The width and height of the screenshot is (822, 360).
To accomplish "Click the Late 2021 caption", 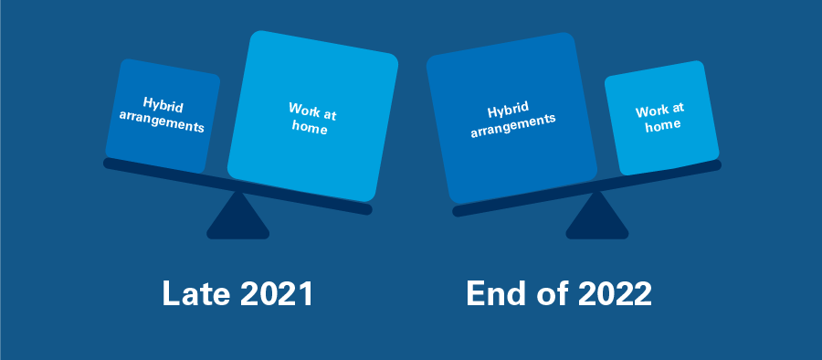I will [x=237, y=294].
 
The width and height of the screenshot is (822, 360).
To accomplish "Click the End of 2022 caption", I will [x=559, y=294].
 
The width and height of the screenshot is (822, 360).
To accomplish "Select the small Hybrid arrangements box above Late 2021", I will [x=162, y=115].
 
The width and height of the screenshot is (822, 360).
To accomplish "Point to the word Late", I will [x=192, y=294].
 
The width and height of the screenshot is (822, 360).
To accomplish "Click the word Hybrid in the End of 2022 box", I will [x=509, y=111].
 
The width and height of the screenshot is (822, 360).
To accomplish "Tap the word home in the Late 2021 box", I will [x=311, y=130].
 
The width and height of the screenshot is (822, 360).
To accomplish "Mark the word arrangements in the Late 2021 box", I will [x=162, y=122].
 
